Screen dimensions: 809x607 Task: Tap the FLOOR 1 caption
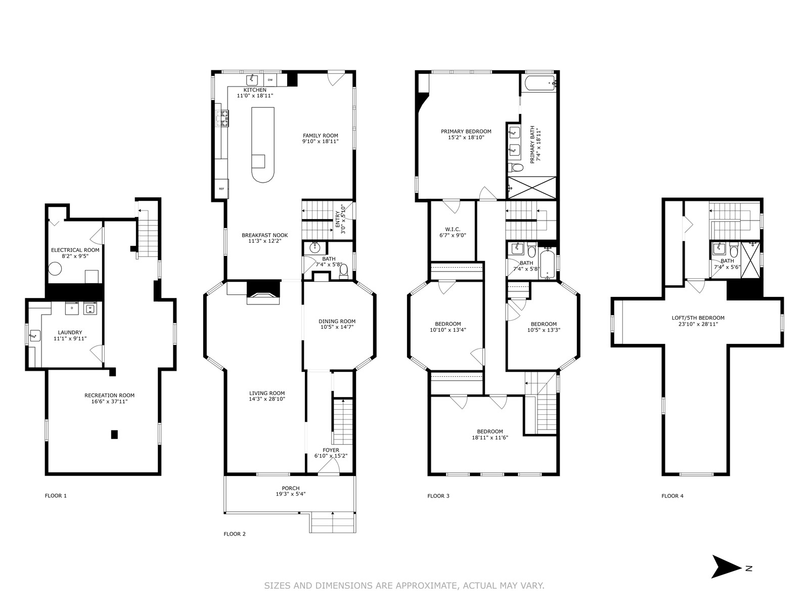[x=56, y=496]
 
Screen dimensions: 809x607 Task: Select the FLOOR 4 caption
[x=672, y=496]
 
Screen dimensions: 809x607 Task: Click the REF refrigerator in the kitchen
[x=222, y=189]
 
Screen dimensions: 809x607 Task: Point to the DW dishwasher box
[x=270, y=80]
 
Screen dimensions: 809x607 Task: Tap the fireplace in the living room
[x=263, y=293]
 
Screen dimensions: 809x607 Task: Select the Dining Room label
[x=337, y=321]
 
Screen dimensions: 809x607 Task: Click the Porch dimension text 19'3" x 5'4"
[x=290, y=494]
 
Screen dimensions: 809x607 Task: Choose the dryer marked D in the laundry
[x=72, y=308]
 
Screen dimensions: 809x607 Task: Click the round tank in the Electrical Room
[x=55, y=269]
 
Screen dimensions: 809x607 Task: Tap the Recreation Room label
[x=109, y=396]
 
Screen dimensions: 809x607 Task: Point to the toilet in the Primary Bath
[x=516, y=168]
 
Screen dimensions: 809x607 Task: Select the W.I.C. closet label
[x=453, y=229]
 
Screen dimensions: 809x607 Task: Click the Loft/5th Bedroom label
[x=698, y=318]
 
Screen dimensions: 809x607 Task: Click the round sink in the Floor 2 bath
[x=314, y=247]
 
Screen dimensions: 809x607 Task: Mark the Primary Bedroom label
[x=466, y=131]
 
